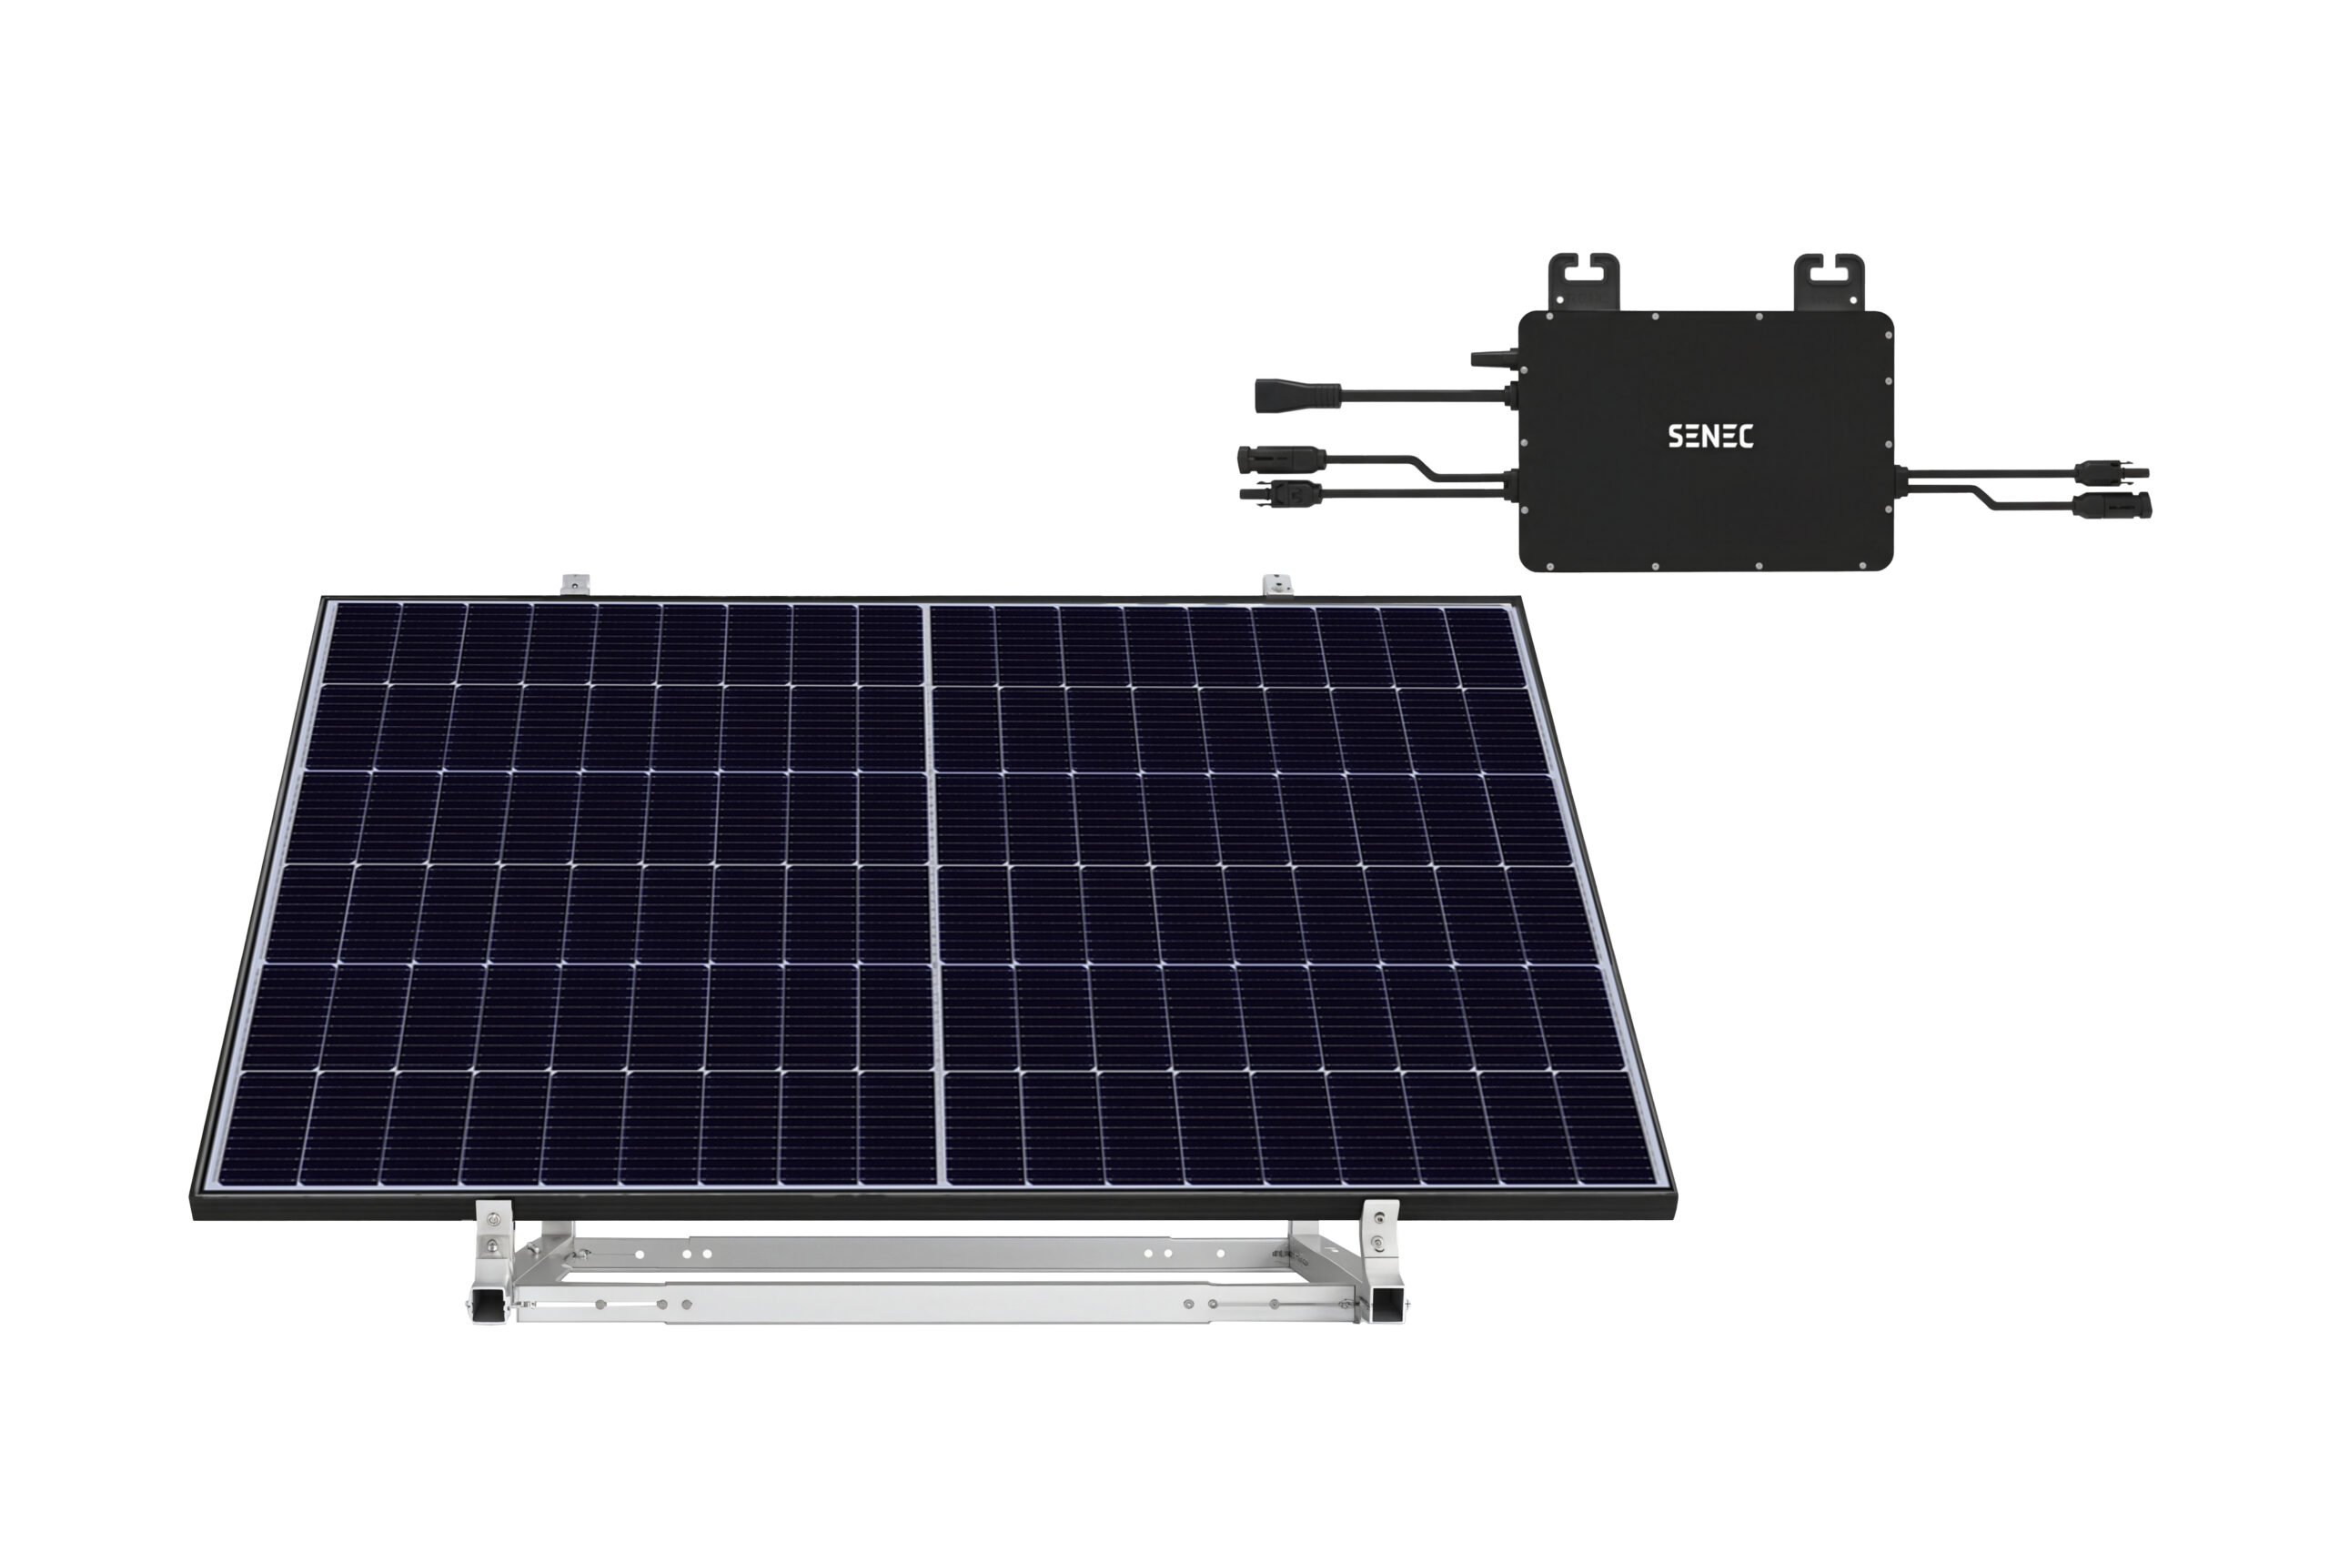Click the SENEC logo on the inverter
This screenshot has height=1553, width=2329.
point(1710,436)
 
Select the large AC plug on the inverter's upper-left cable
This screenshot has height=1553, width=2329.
point(1297,394)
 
